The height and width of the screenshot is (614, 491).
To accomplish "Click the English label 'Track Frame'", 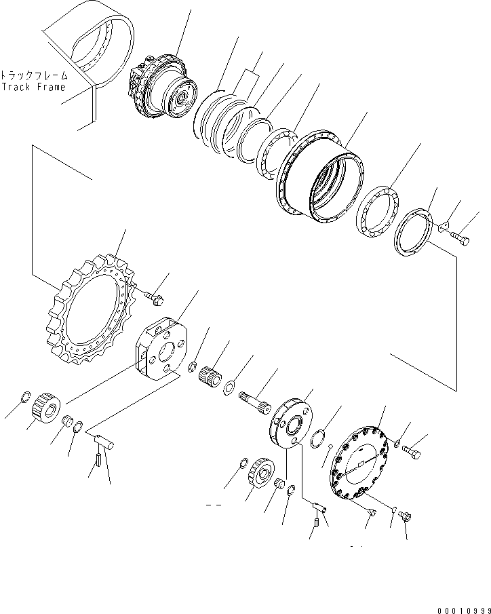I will tap(33, 87).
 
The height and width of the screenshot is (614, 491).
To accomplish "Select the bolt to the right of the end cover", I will tap(411, 450).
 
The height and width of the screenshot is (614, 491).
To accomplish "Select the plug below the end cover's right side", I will tap(405, 518).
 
